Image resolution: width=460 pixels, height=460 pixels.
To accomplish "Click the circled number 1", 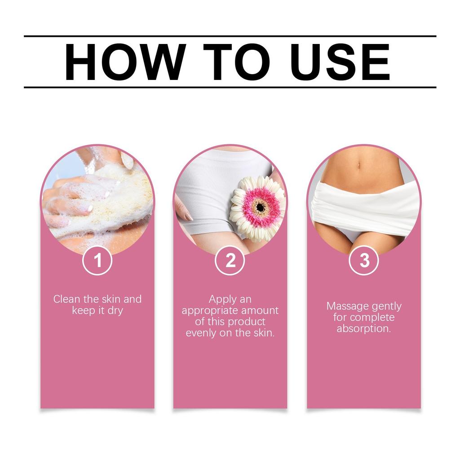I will pyautogui.click(x=97, y=261).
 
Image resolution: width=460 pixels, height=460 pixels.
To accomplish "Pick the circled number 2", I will pyautogui.click(x=230, y=261).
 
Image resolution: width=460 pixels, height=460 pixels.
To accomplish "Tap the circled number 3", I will pyautogui.click(x=364, y=261).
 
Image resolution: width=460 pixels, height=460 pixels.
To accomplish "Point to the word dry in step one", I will pyautogui.click(x=115, y=310).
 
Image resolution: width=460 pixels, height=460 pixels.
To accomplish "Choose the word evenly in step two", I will pyautogui.click(x=201, y=333).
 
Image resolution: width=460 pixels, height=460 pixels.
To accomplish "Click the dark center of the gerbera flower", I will pyautogui.click(x=260, y=207).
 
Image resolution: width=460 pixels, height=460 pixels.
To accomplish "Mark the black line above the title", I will pyautogui.click(x=230, y=36).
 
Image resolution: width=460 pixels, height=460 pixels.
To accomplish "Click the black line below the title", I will pyautogui.click(x=230, y=87).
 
